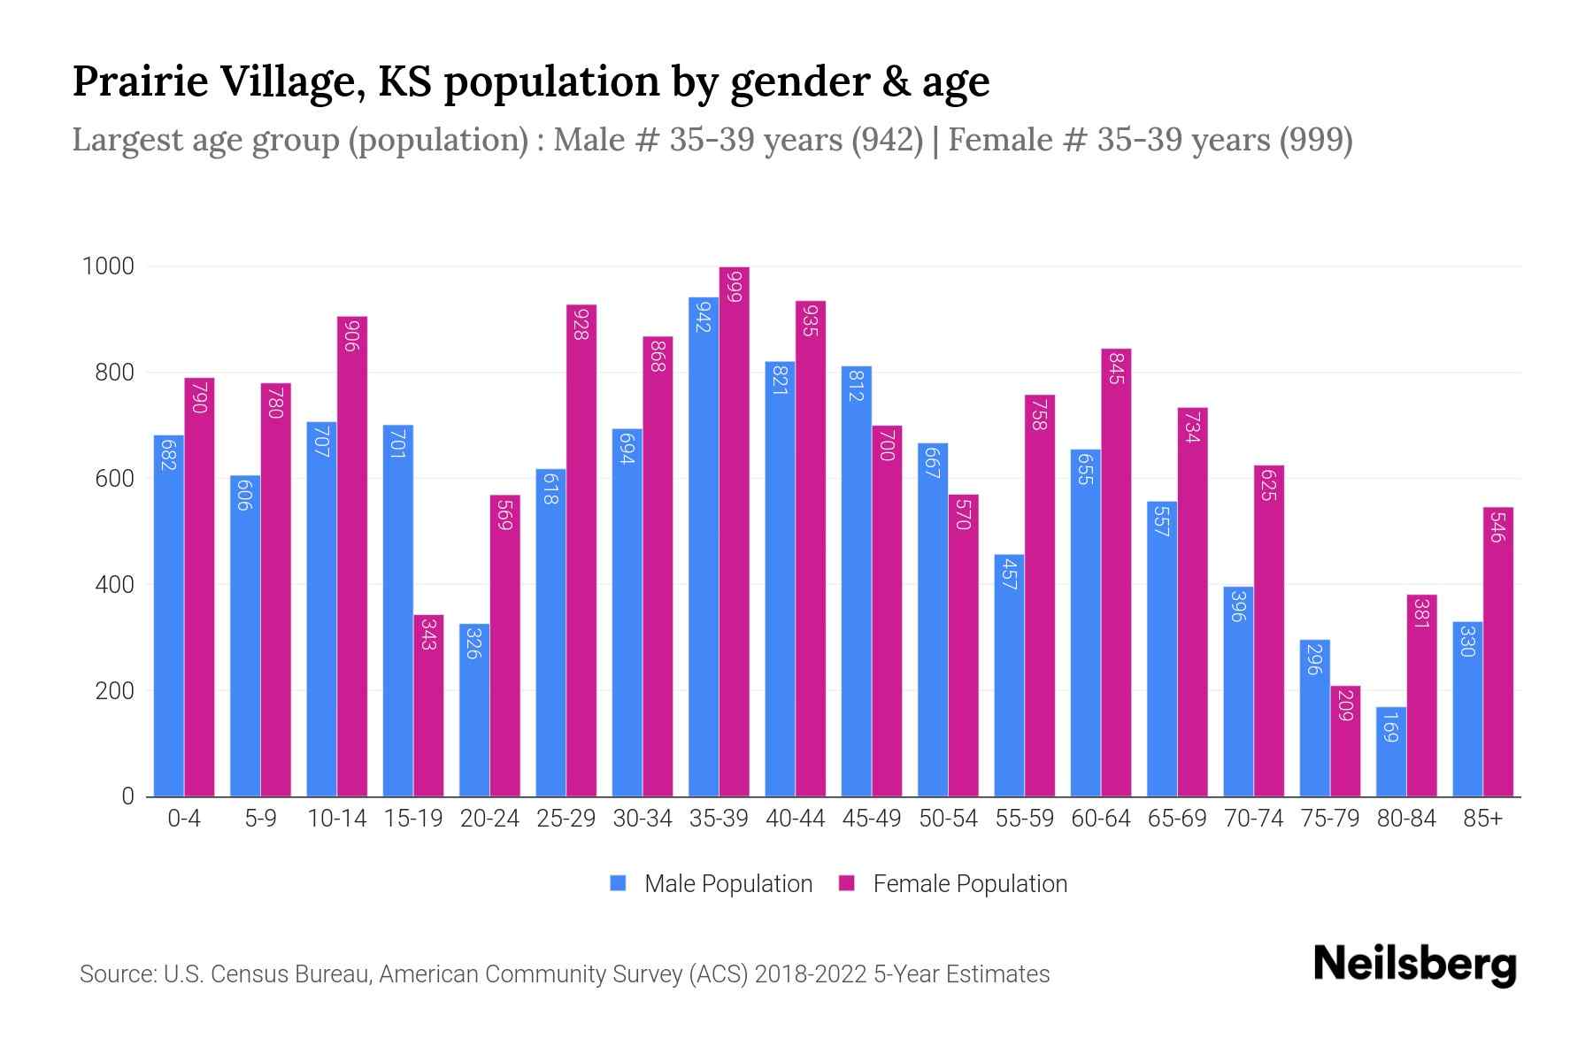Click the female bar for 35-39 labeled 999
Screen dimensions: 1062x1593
tap(734, 531)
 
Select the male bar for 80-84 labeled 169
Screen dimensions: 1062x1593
tap(1391, 751)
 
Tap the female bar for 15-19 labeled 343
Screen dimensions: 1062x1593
tap(428, 705)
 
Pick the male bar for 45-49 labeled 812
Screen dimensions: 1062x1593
tap(856, 581)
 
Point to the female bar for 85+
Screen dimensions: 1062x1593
tap(1498, 651)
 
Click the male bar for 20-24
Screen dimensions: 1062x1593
tap(474, 710)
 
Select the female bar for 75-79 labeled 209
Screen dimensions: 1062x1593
tap(1345, 741)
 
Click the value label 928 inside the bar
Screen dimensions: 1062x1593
tap(581, 325)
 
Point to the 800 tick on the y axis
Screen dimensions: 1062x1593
tap(114, 373)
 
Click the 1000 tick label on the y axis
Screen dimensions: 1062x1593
tap(108, 266)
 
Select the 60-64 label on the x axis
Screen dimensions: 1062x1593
tap(1100, 819)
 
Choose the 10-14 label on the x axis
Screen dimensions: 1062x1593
tap(336, 819)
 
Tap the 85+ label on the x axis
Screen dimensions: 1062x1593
tap(1482, 819)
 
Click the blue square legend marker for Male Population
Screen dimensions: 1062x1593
tap(618, 883)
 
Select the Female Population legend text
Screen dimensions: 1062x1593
tap(970, 883)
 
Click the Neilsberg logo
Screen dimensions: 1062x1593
tap(1414, 965)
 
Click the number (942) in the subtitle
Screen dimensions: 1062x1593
tap(887, 140)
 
